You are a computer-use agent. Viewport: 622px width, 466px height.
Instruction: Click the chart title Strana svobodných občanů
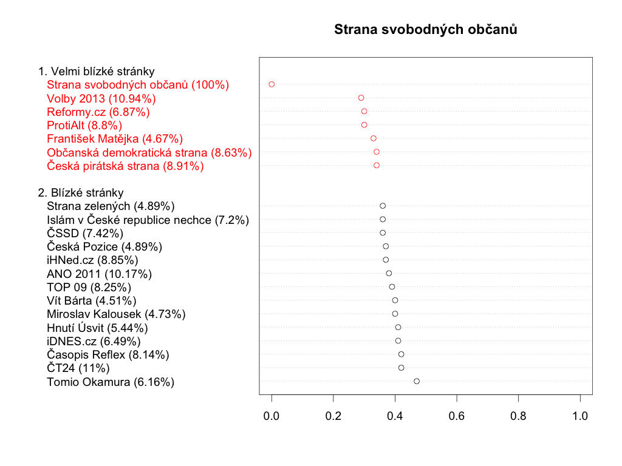425,29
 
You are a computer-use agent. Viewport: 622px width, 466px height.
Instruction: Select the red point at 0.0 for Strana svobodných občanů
272,84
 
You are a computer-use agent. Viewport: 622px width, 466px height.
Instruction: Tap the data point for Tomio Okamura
417,381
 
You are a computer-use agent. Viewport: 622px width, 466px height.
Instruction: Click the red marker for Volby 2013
361,98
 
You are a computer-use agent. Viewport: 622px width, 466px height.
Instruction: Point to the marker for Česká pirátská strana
377,165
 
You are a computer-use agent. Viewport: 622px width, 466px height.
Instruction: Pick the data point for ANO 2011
389,273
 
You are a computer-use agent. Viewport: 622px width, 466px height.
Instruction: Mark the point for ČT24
401,368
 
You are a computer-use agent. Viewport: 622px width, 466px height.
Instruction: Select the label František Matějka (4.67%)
115,139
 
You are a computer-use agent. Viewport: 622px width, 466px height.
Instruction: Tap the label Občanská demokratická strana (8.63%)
149,152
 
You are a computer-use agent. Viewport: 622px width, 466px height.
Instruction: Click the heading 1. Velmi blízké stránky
96,72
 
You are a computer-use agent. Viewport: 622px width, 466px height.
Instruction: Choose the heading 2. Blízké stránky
81,193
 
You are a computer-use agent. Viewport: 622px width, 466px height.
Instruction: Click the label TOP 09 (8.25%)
89,287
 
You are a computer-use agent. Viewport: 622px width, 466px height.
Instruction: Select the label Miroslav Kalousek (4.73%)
116,314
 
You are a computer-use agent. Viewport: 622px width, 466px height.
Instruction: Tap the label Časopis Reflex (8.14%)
108,354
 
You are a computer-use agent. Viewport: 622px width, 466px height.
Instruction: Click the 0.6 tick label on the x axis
457,416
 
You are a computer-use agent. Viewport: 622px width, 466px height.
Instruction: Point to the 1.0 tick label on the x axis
580,416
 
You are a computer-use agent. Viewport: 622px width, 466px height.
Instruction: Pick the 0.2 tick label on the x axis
333,416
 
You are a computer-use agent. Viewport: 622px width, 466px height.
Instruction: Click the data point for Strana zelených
383,206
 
